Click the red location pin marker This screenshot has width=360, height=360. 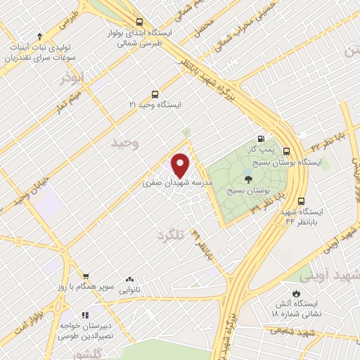pyautogui.click(x=181, y=165)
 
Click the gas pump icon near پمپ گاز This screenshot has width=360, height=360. pyautogui.click(x=262, y=139)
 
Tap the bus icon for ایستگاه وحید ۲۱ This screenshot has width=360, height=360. pyautogui.click(x=155, y=94)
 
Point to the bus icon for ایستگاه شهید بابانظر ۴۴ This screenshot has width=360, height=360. pyautogui.click(x=301, y=200)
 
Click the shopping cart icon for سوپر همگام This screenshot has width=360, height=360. pyautogui.click(x=85, y=276)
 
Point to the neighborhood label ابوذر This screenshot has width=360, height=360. pyautogui.click(x=72, y=77)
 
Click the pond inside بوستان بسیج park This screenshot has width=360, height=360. pyautogui.click(x=247, y=171)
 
